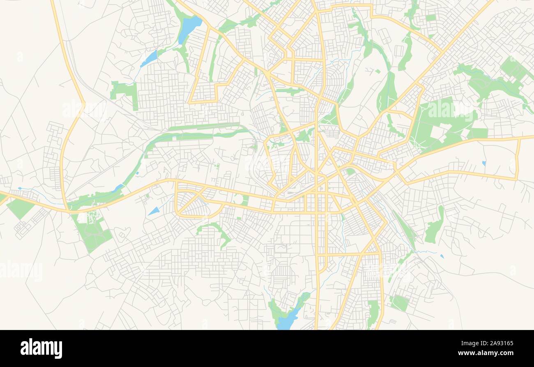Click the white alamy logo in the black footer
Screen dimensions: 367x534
41,348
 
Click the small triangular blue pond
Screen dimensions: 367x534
154,211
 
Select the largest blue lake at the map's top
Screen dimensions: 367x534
189,29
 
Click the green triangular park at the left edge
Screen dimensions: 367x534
19,208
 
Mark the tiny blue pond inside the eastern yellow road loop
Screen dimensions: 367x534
483,163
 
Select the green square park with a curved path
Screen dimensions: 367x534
399,303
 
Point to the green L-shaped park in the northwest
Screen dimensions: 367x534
126,93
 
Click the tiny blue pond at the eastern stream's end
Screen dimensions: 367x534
442,256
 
